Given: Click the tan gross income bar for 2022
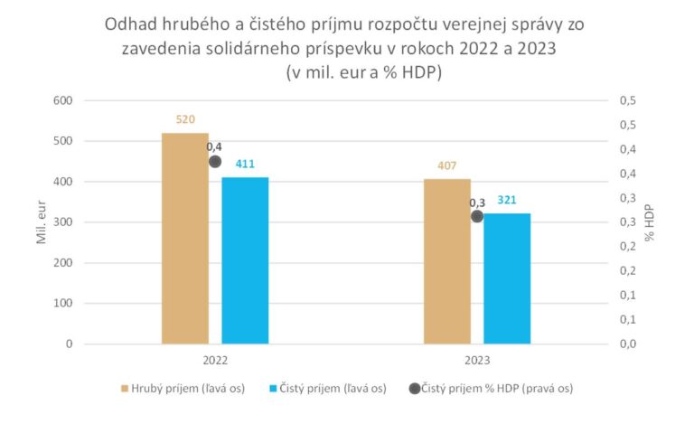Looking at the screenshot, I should pos(185,239).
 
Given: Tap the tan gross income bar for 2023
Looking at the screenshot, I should pos(447,261).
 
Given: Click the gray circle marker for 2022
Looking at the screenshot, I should pos(215,162).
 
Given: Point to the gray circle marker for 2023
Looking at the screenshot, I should pos(477,216).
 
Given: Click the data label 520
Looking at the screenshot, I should pos(186,119).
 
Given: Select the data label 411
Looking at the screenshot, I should pos(246,164).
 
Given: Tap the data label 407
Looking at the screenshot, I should pos(447,165).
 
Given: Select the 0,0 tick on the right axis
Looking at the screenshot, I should pos(627,344).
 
